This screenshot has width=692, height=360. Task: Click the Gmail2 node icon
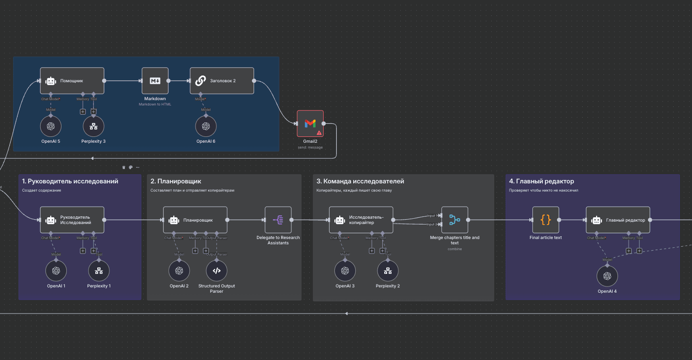click(x=310, y=123)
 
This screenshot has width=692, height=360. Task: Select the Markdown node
click(x=155, y=81)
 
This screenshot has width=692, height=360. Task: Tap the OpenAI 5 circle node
click(x=51, y=126)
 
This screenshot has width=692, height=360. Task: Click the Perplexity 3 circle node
click(x=93, y=126)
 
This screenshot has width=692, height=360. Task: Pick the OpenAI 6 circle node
click(x=206, y=126)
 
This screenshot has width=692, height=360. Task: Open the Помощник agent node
click(x=72, y=81)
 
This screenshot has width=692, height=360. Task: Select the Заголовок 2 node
click(x=222, y=81)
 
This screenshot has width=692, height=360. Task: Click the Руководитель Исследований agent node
click(x=72, y=220)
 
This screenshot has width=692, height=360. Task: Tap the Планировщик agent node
click(x=195, y=220)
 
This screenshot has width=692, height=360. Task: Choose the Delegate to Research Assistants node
click(x=278, y=220)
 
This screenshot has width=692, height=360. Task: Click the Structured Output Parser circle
click(x=216, y=270)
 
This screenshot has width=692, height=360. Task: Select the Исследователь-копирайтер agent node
click(x=361, y=220)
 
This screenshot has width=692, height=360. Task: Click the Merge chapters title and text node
click(x=454, y=220)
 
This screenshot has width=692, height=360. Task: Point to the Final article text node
click(x=545, y=220)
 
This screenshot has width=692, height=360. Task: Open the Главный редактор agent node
click(x=618, y=220)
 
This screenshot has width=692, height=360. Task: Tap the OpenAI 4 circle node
click(x=607, y=276)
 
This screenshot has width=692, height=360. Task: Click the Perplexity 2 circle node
click(x=388, y=270)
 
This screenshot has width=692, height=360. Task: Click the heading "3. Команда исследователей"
click(x=360, y=181)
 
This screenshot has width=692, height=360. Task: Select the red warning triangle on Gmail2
click(x=319, y=132)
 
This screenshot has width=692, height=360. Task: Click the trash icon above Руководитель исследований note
click(x=124, y=167)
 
